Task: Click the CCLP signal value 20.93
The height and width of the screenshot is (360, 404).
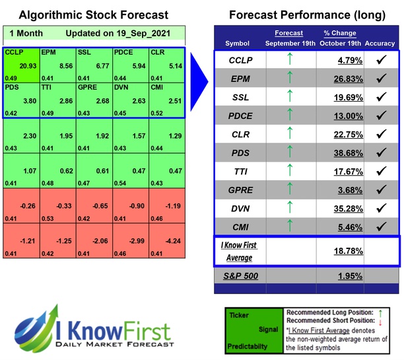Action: [27, 67]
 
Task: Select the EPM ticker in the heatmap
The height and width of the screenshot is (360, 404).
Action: [48, 52]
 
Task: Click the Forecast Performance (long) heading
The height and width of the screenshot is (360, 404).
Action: [306, 15]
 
